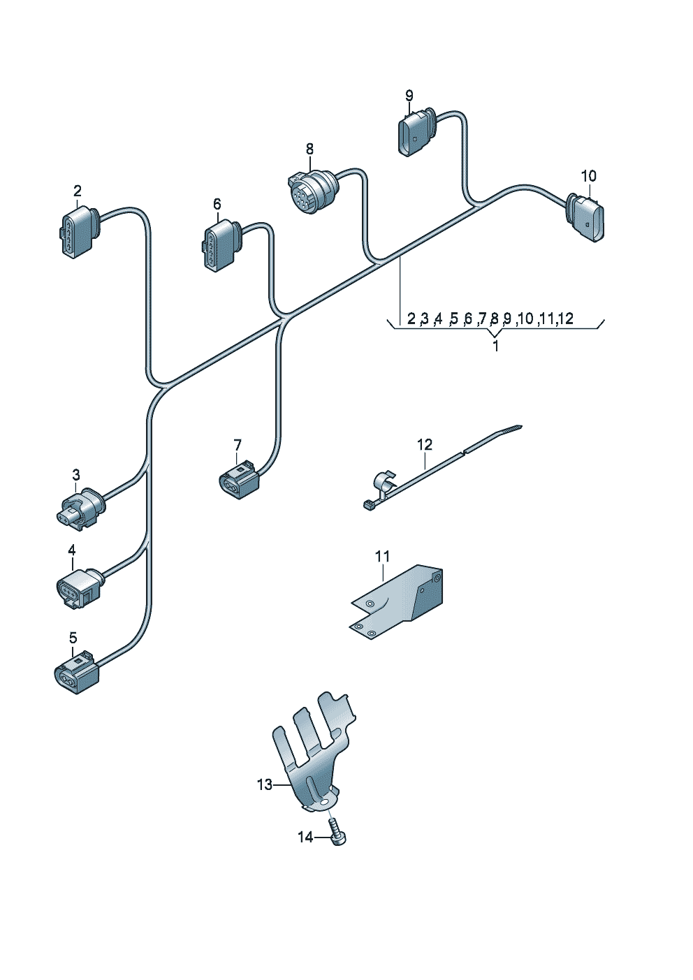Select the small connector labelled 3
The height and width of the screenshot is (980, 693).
(x=79, y=508)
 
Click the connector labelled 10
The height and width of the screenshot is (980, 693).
(x=588, y=217)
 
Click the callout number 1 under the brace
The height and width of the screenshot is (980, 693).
(x=495, y=346)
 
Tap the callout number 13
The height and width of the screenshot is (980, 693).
(x=264, y=785)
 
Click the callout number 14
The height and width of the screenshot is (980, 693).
(x=305, y=837)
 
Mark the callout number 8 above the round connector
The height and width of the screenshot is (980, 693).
(x=309, y=149)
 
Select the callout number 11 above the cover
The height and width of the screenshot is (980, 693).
(x=382, y=557)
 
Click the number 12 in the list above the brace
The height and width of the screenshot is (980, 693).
(x=565, y=319)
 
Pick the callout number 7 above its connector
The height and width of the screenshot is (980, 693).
(x=237, y=445)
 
